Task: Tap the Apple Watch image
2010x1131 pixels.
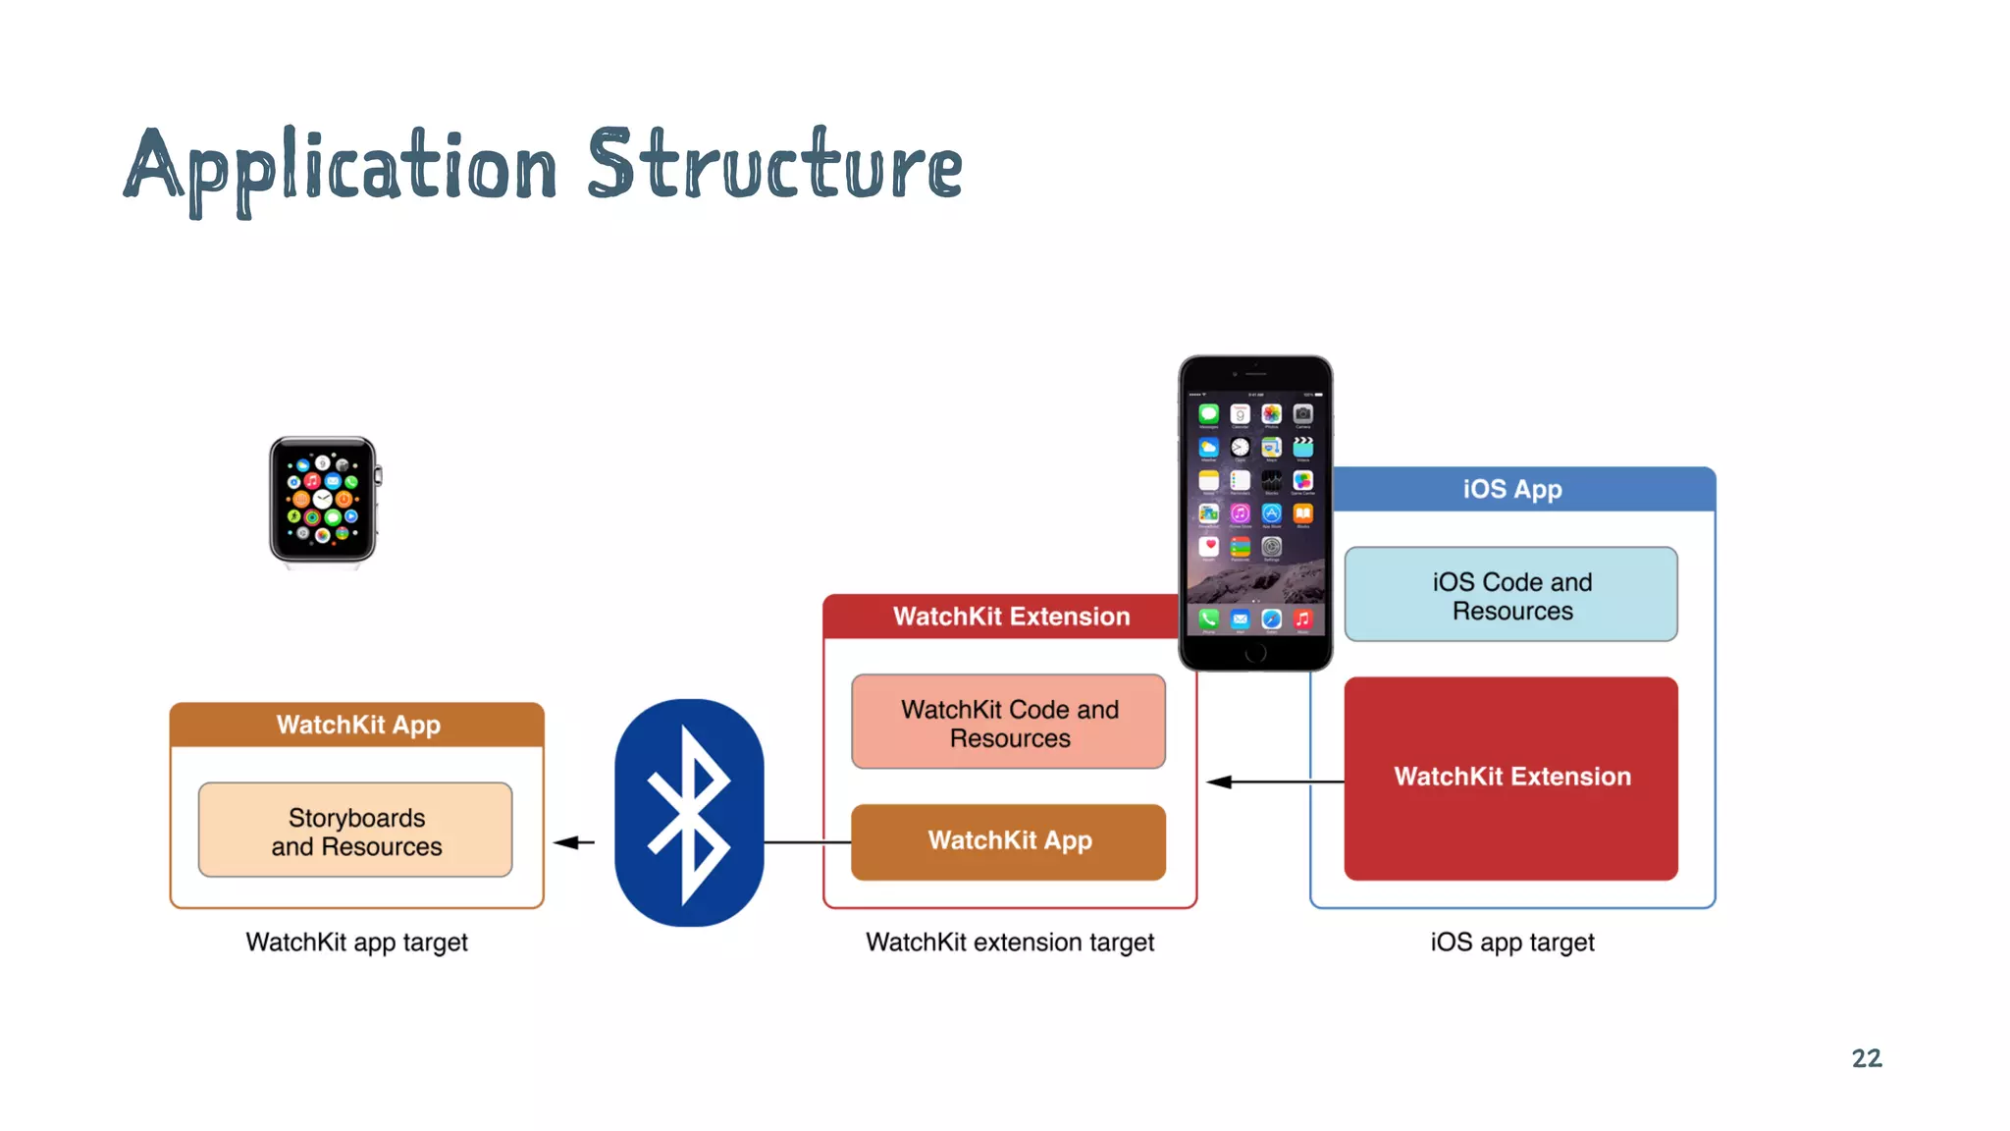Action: (x=323, y=501)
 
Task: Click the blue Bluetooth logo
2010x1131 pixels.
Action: (x=689, y=812)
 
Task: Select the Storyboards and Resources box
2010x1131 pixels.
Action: (x=355, y=831)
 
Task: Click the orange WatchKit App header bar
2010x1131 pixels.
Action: (x=357, y=725)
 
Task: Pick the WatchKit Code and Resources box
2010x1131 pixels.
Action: (x=1009, y=723)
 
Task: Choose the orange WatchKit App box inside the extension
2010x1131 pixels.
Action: (x=1009, y=841)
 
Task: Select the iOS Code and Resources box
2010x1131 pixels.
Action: (x=1511, y=595)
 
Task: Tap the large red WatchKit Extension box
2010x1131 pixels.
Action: (x=1511, y=778)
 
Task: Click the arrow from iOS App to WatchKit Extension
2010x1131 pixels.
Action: (x=1276, y=781)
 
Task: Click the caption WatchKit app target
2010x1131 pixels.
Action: (x=356, y=942)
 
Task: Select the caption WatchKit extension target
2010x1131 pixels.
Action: (x=1009, y=942)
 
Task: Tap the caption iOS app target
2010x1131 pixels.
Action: (x=1511, y=942)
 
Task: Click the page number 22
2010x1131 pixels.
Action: (x=1866, y=1058)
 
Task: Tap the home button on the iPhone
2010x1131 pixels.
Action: (x=1255, y=654)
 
